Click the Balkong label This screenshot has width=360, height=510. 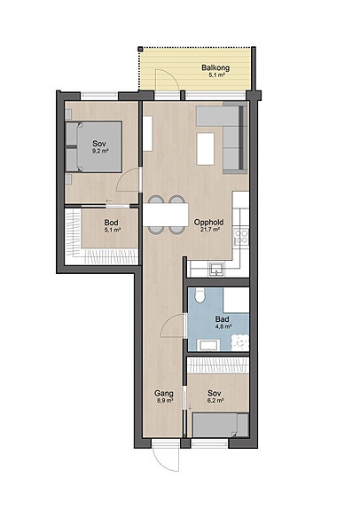pos(215,67)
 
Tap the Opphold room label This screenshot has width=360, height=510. pos(208,223)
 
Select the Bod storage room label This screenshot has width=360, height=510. pos(111,223)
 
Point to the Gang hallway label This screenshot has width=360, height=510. pos(163,393)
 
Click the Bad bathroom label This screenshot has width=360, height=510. pos(222,319)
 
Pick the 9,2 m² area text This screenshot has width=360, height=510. pos(100,151)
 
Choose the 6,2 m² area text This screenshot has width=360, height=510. pos(215,401)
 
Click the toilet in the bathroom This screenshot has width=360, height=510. pos(199,295)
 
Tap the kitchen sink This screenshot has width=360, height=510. pos(216,269)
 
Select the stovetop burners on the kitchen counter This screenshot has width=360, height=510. pos(241,236)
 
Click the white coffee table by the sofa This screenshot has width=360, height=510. pos(206,149)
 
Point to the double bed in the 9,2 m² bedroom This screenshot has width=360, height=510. pos(94,146)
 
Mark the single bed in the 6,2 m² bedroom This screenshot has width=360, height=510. pos(221,425)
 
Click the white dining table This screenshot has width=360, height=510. pos(166,215)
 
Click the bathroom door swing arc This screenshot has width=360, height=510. pos(172,326)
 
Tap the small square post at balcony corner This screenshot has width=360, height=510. pos(140,49)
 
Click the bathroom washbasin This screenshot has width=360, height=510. pos(208,345)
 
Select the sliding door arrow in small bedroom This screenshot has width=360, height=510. pos(190,406)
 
